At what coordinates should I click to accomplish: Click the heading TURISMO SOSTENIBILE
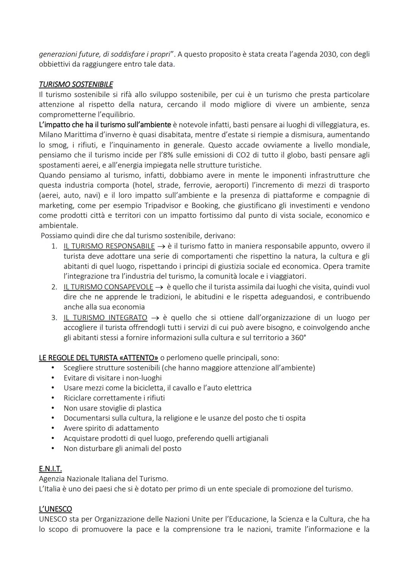[x=76, y=85]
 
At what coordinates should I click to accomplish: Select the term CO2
[x=236, y=155]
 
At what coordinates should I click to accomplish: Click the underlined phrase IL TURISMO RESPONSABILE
[x=109, y=246]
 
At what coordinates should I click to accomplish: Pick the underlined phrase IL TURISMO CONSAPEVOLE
[x=108, y=287]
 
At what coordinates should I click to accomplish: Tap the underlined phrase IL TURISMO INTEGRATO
[x=105, y=318]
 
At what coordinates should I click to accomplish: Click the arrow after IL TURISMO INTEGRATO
[x=155, y=318]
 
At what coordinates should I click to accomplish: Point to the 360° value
[x=298, y=337]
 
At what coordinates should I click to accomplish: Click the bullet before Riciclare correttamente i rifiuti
[x=53, y=398]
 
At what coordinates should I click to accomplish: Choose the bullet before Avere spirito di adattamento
[x=53, y=428]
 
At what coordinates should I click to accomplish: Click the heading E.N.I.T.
[x=50, y=469]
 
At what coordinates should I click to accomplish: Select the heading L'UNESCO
[x=55, y=509]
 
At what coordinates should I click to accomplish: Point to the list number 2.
[x=55, y=287]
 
